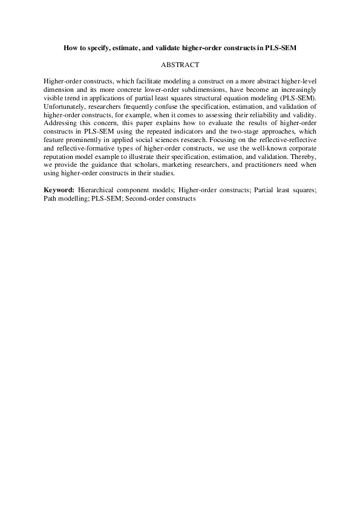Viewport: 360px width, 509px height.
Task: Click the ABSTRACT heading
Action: pos(180,63)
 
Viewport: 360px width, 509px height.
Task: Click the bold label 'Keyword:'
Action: pos(59,189)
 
